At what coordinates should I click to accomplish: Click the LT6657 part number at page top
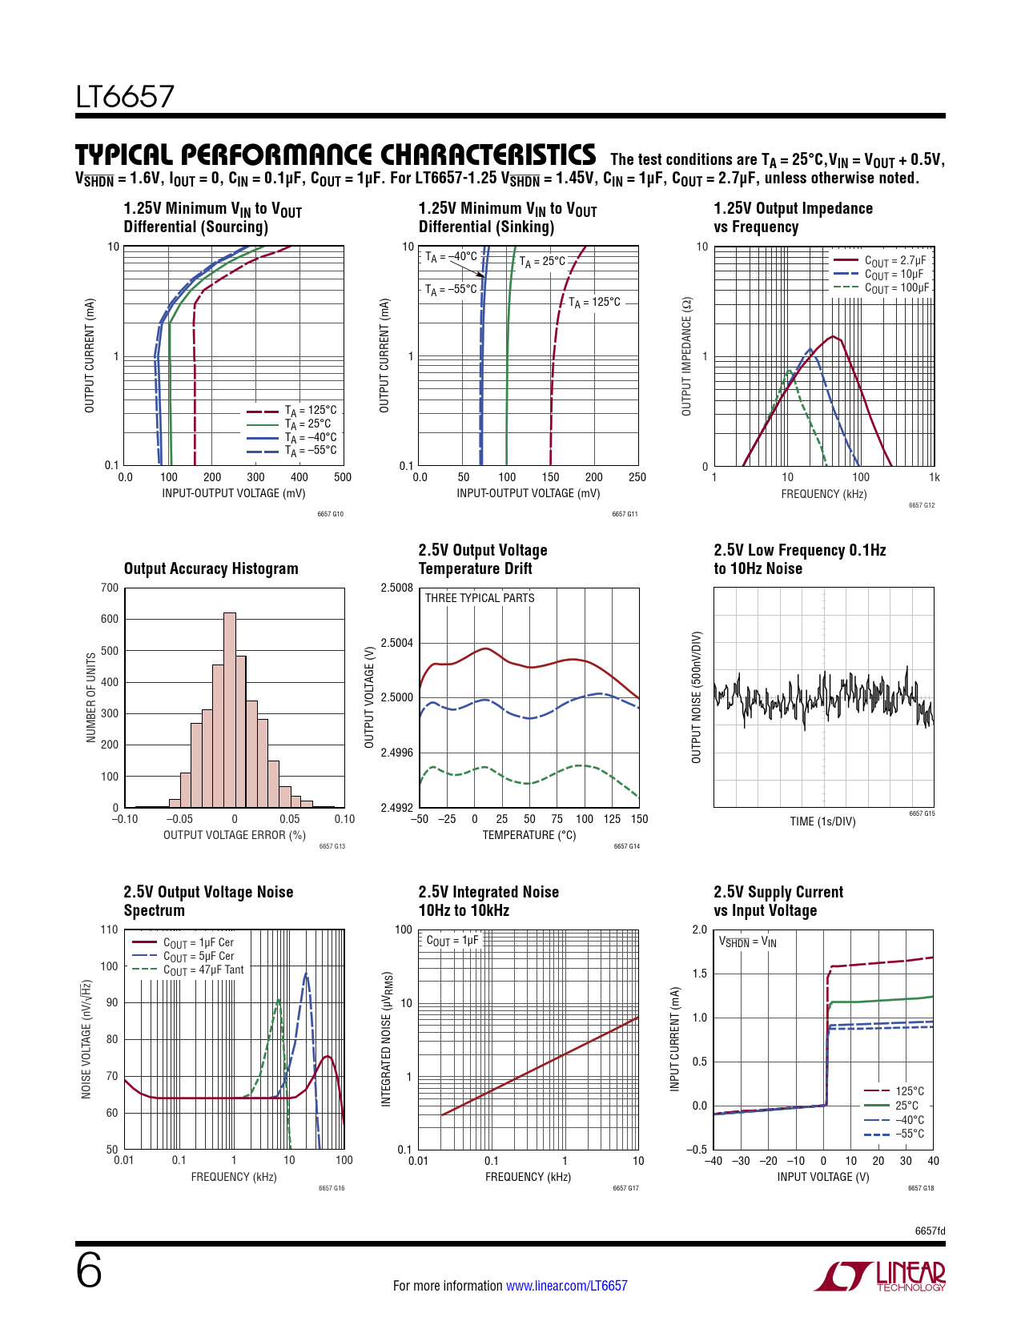coord(125,97)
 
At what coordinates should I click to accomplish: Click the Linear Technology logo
coord(880,1276)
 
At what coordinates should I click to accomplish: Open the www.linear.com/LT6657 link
coord(566,1286)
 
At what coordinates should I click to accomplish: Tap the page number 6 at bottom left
coord(89,1271)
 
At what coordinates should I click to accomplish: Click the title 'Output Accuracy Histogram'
coord(211,568)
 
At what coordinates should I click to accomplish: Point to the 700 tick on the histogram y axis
coord(110,588)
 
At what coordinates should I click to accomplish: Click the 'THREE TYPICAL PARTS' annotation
coord(479,598)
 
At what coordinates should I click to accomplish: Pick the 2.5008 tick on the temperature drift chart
coord(396,588)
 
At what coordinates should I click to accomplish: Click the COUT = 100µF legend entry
coord(896,287)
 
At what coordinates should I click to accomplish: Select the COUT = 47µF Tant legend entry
coord(203,970)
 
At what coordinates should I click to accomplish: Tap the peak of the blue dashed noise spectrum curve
coord(306,974)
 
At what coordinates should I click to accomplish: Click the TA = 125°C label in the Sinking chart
coord(594,303)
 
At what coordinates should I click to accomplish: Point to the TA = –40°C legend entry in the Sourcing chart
coord(310,437)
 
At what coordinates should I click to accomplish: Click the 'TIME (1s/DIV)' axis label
coord(822,821)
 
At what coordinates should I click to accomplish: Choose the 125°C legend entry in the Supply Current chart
coord(909,1091)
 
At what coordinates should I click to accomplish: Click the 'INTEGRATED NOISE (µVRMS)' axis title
coord(386,1039)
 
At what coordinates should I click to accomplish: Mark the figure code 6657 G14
coord(626,846)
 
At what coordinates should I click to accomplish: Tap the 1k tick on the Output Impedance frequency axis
coord(934,477)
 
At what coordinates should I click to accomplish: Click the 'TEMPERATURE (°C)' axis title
coord(529,835)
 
